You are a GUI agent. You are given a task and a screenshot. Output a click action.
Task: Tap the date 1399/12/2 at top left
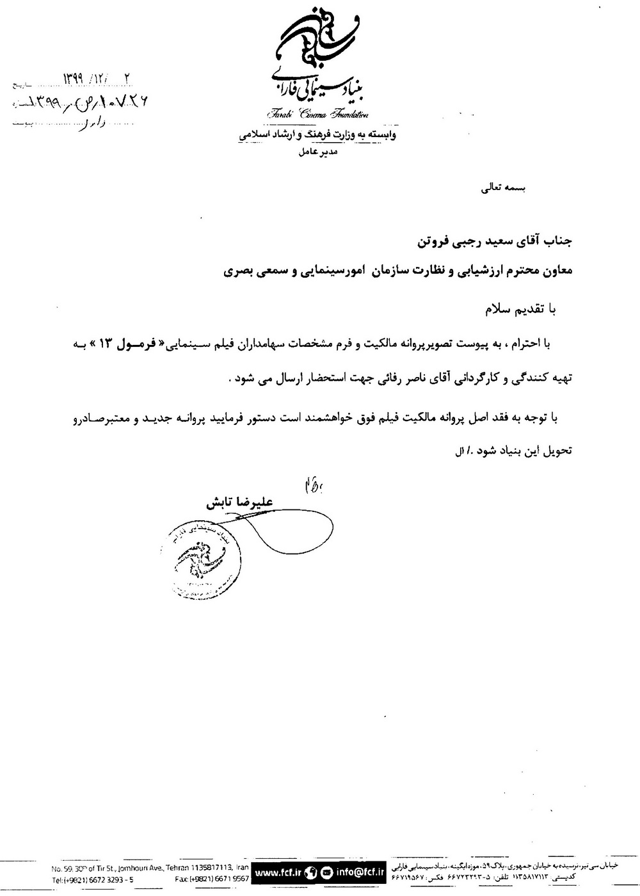click(x=96, y=79)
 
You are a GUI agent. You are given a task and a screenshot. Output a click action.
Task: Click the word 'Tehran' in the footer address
click(x=180, y=867)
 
